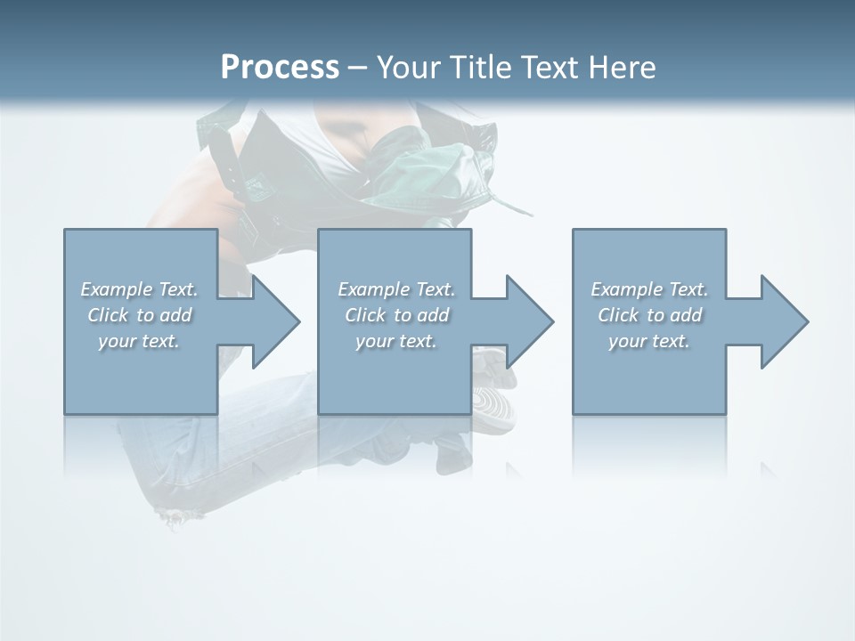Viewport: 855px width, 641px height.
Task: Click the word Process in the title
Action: pyautogui.click(x=280, y=68)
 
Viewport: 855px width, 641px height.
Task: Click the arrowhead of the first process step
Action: pyautogui.click(x=276, y=321)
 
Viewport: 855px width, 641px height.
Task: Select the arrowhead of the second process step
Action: pyautogui.click(x=530, y=321)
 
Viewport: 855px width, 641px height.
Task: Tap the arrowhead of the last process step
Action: pyautogui.click(x=784, y=321)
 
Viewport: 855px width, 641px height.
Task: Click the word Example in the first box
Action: pyautogui.click(x=116, y=289)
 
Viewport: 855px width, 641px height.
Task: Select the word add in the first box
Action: pyautogui.click(x=175, y=315)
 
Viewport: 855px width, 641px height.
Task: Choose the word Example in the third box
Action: pyautogui.click(x=626, y=289)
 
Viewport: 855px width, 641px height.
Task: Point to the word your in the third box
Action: pyautogui.click(x=628, y=341)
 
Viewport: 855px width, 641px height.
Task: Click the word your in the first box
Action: pyautogui.click(x=117, y=341)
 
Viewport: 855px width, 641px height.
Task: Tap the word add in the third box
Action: pyautogui.click(x=686, y=315)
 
